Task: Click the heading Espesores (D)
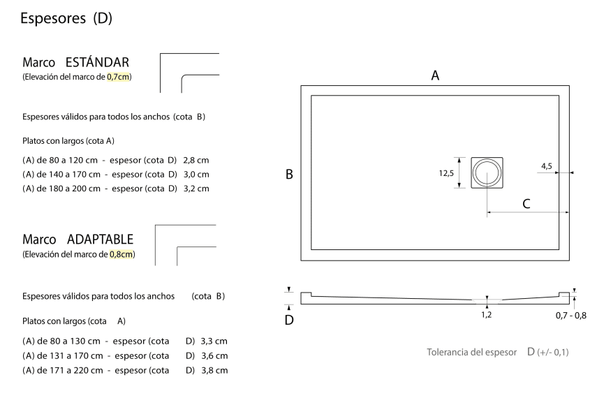pos(66,18)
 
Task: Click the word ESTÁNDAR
pos(97,62)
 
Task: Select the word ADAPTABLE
pos(100,239)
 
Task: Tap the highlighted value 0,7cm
pos(118,77)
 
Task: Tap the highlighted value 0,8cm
pos(121,254)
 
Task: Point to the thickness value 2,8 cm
pos(196,160)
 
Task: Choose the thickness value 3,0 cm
pos(196,175)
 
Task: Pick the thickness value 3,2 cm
pos(196,189)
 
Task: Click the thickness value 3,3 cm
pos(214,341)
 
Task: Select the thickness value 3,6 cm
pos(214,356)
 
